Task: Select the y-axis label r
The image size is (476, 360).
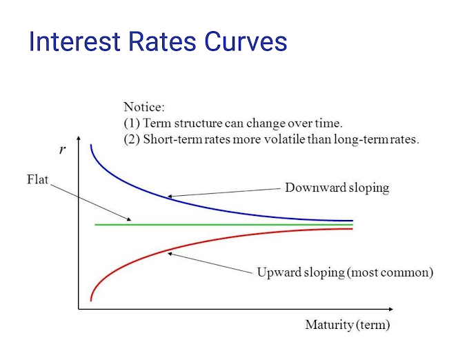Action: pos(63,150)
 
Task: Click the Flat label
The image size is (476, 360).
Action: pos(37,181)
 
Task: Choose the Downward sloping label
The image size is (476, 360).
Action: pos(337,188)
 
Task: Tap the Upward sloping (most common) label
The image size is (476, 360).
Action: pos(345,272)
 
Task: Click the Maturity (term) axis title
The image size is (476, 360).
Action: pos(347,325)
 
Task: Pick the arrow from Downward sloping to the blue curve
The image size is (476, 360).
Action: pos(224,192)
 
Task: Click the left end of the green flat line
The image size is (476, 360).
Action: pos(96,225)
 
